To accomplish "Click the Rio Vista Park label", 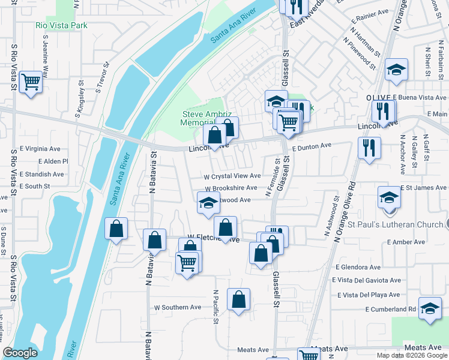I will tap(61, 25).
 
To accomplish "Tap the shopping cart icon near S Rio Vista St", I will tap(31, 82).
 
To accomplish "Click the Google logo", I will tap(20, 353).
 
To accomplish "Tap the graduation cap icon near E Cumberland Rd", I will tap(430, 310).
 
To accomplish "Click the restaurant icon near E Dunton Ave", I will tap(369, 147).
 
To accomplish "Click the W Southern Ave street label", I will tap(178, 307).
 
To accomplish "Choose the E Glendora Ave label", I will tap(359, 267).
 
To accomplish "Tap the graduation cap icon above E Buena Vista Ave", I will tap(396, 70).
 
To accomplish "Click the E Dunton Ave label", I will tap(312, 146).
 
